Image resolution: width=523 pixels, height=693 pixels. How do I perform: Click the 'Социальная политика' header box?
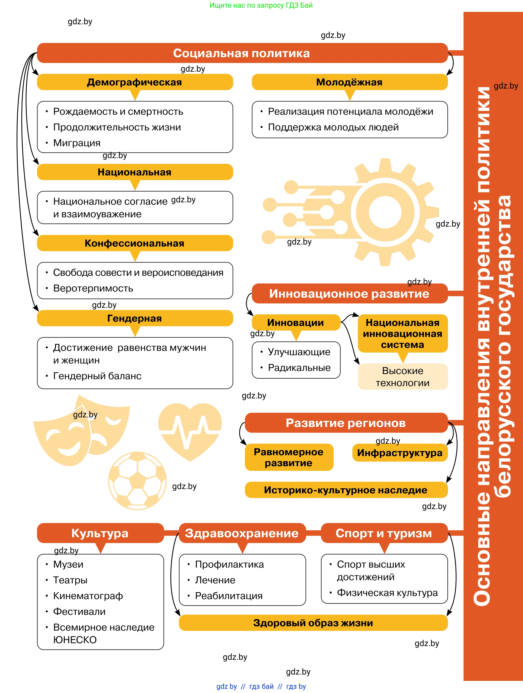click(x=242, y=53)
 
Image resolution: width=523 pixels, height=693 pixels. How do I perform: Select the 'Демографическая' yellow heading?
click(x=135, y=82)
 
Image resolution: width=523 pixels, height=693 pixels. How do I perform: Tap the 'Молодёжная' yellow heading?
click(x=349, y=82)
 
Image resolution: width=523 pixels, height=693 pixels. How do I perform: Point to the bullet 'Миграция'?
click(x=77, y=143)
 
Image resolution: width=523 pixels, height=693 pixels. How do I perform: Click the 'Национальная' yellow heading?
click(x=135, y=172)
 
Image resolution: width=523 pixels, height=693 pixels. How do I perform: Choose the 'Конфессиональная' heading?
click(x=135, y=243)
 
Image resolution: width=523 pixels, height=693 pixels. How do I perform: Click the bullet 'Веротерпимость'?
click(x=93, y=288)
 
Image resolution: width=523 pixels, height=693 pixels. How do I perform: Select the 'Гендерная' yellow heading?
click(x=135, y=318)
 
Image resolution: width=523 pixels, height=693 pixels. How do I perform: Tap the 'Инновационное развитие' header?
click(x=349, y=294)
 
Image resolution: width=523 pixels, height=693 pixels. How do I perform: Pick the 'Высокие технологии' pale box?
click(x=403, y=377)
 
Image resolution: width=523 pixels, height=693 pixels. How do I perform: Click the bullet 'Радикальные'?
click(x=299, y=368)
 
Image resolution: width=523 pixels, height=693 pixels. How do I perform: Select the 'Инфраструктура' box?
click(x=400, y=453)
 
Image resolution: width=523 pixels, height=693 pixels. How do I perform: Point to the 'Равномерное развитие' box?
click(x=289, y=457)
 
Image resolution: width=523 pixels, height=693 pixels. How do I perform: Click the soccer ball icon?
click(x=137, y=481)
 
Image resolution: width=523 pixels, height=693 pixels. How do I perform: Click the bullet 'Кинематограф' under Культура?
click(x=88, y=596)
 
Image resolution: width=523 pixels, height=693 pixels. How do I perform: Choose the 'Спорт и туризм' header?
click(x=384, y=533)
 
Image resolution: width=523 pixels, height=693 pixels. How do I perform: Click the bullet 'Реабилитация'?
click(x=229, y=596)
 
